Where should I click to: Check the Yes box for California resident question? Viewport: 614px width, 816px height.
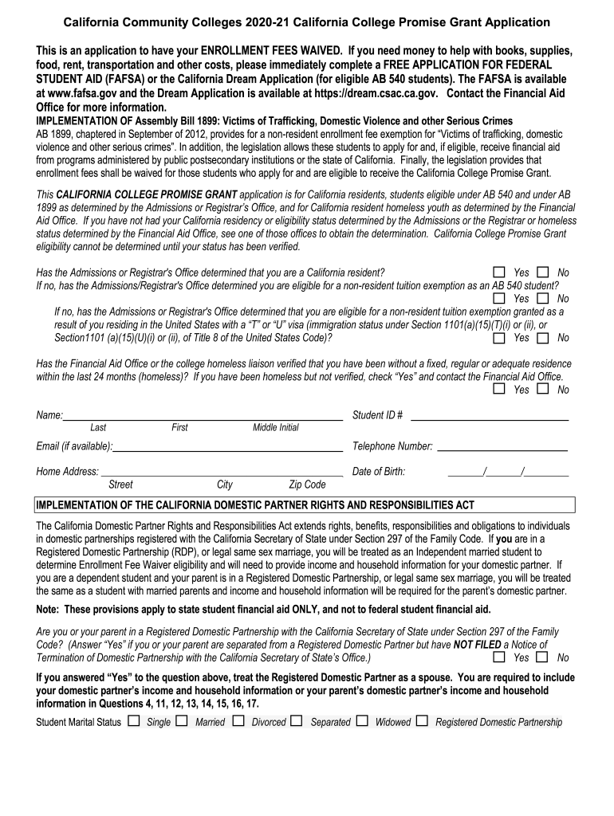pyautogui.click(x=499, y=273)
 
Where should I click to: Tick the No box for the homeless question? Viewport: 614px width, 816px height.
pyautogui.click(x=543, y=389)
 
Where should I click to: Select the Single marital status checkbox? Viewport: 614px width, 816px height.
pyautogui.click(x=133, y=721)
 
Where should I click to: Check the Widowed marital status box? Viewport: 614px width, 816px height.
pyautogui.click(x=362, y=721)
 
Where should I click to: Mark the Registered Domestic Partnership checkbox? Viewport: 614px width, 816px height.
pyautogui.click(x=421, y=721)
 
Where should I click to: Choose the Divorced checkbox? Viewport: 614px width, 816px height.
pyautogui.click(x=238, y=721)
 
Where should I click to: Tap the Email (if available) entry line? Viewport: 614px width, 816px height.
pyautogui.click(x=227, y=446)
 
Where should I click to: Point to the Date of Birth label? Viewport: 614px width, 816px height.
pyautogui.click(x=379, y=472)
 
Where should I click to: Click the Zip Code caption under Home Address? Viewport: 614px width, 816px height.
pyautogui.click(x=307, y=484)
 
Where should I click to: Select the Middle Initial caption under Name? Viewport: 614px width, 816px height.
pyautogui.click(x=276, y=428)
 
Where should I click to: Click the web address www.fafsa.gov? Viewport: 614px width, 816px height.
pyautogui.click(x=88, y=93)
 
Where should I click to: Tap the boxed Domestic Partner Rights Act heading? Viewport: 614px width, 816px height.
pyautogui.click(x=255, y=505)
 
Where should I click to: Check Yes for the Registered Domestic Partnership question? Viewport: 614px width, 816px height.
pyautogui.click(x=499, y=657)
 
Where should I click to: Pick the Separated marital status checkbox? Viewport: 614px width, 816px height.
pyautogui.click(x=297, y=721)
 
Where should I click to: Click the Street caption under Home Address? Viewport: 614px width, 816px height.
pyautogui.click(x=120, y=484)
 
